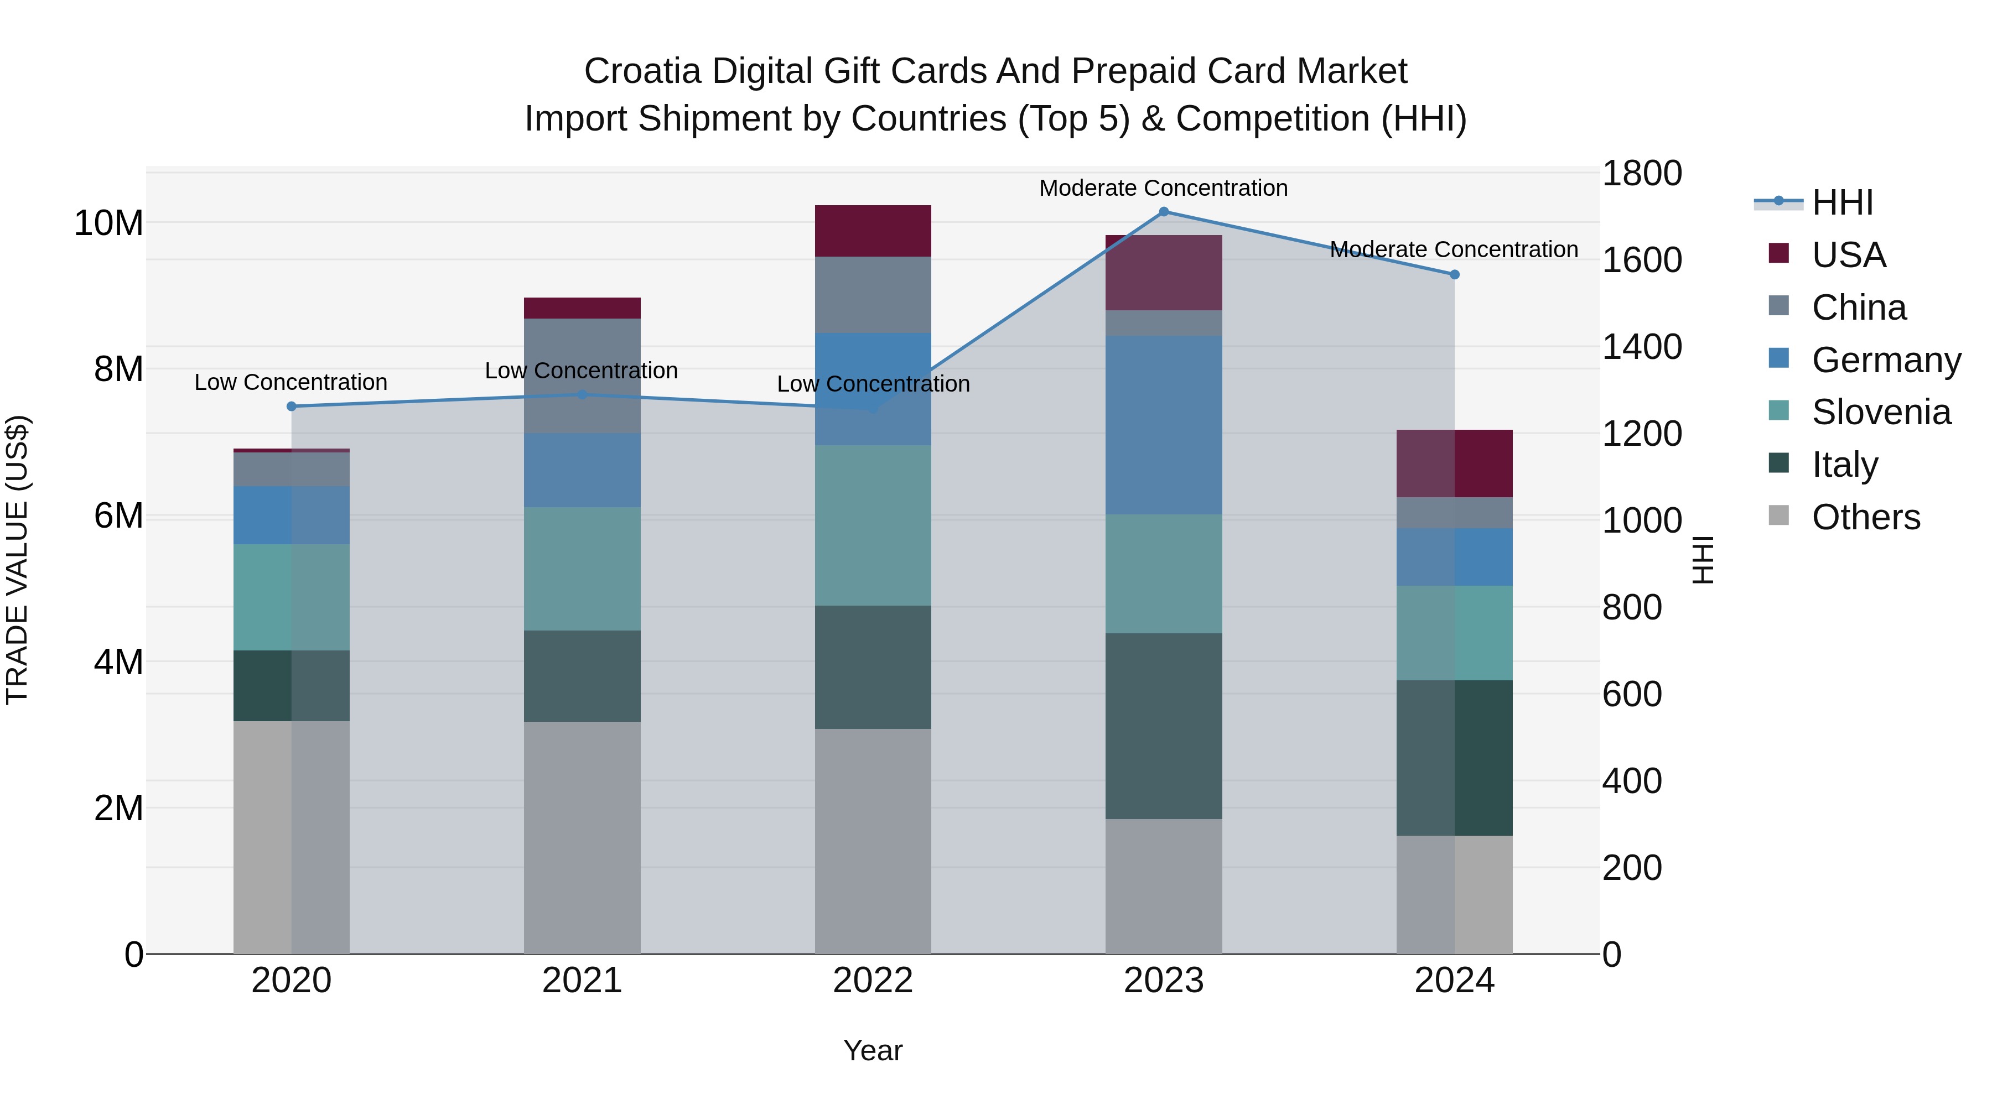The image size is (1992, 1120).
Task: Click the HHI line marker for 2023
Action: coord(1163,212)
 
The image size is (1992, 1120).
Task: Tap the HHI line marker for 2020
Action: coord(292,407)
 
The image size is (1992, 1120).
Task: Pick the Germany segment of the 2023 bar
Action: coord(1163,425)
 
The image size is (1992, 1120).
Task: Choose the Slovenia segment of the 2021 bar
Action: coord(582,569)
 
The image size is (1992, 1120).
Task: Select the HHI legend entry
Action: coord(1841,202)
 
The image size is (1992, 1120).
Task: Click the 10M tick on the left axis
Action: coord(108,223)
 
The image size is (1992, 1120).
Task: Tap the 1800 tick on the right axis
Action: coord(1641,173)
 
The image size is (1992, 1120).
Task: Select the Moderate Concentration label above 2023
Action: coord(1163,188)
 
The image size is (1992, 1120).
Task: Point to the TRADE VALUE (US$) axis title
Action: coord(17,560)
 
